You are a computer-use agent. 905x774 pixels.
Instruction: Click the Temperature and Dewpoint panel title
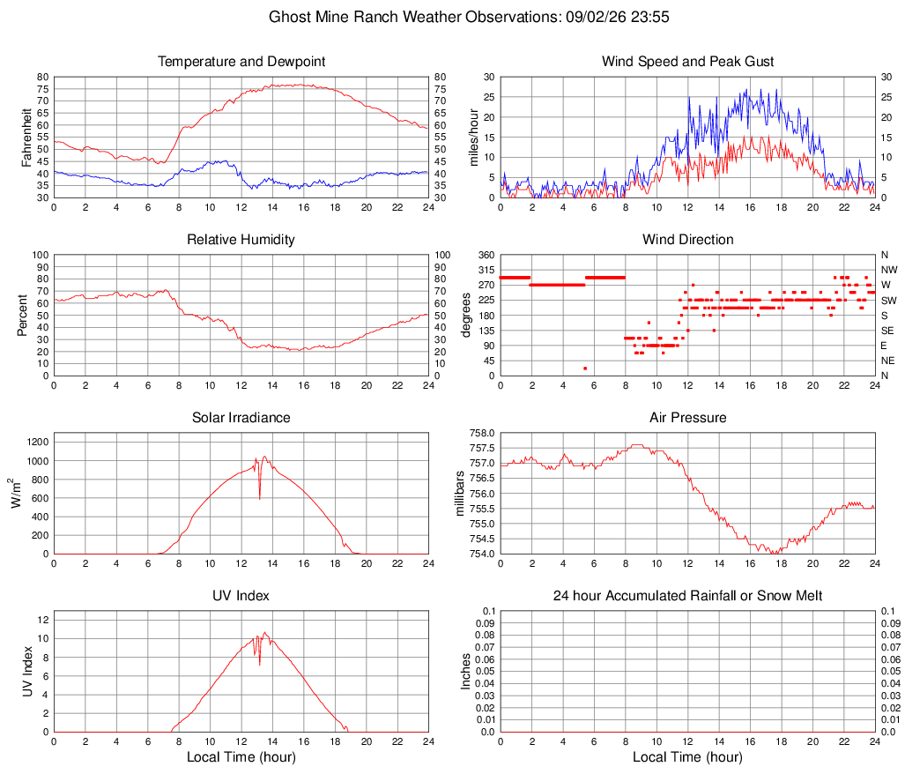[241, 62]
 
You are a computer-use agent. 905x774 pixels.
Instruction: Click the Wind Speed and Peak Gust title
[687, 62]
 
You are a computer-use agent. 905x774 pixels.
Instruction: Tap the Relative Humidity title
[241, 240]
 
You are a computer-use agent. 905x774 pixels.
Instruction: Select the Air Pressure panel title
[687, 417]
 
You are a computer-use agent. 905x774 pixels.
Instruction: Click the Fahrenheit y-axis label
[26, 138]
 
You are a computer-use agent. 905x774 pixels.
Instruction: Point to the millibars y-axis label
[460, 494]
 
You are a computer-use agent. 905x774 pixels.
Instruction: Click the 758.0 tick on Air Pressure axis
[482, 433]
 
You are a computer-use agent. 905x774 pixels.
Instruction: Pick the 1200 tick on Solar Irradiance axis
[38, 443]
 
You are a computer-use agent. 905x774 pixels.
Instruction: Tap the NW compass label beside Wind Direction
[889, 270]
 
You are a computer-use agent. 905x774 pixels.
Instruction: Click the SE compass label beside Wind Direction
[887, 331]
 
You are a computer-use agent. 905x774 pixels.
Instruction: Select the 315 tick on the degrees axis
[486, 270]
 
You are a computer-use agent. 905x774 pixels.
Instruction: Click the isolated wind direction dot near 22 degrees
[585, 368]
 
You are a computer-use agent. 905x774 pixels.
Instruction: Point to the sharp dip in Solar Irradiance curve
[260, 498]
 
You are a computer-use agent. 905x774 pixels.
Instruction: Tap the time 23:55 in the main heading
[650, 17]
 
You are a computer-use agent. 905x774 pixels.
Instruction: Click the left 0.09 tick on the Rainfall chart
[486, 623]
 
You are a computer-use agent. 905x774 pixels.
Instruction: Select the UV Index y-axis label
[27, 671]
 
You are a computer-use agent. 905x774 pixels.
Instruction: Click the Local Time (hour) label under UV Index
[241, 756]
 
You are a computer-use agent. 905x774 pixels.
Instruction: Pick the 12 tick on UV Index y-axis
[43, 620]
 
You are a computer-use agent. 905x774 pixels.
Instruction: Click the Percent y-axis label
[22, 315]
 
